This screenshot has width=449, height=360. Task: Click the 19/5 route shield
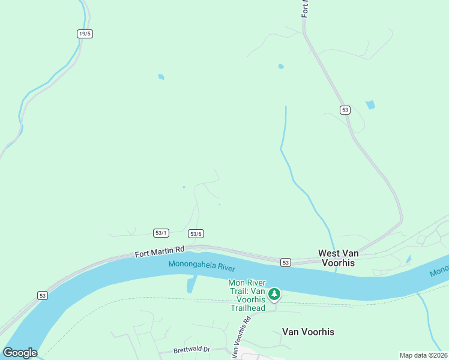(85, 34)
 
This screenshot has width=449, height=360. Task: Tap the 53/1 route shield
(161, 233)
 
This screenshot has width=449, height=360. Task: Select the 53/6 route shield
(196, 234)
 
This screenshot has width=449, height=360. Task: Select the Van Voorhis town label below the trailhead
(308, 332)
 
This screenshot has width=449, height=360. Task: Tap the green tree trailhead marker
(274, 294)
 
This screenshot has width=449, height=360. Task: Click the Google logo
(20, 353)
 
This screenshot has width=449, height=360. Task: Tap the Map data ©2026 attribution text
(423, 355)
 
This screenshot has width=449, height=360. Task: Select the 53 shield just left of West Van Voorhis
(285, 262)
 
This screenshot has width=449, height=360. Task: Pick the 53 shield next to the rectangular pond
(344, 110)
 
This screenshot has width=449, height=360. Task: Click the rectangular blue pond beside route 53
(370, 104)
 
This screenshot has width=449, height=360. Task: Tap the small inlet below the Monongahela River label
(191, 284)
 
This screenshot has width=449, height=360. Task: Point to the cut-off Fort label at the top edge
(305, 8)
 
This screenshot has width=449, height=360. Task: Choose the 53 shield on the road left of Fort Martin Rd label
(42, 295)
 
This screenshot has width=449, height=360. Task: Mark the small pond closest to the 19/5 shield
(161, 77)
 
